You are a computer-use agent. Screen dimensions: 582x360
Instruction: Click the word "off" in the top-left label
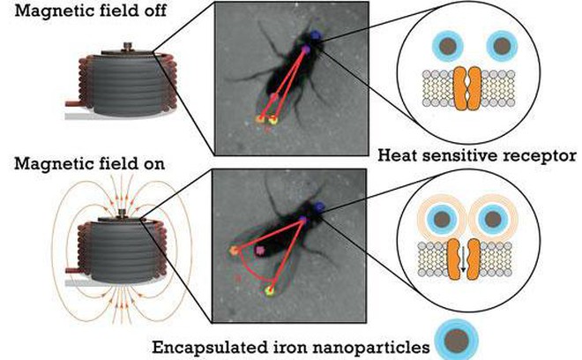click(153, 11)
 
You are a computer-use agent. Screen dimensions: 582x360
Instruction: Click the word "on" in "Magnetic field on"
click(153, 165)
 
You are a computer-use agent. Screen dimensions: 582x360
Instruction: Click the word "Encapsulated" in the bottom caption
click(210, 349)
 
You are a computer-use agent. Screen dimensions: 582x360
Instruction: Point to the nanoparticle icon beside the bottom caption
click(457, 340)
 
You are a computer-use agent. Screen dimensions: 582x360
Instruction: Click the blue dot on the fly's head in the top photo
click(316, 35)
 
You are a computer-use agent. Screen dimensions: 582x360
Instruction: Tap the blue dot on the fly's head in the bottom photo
click(319, 207)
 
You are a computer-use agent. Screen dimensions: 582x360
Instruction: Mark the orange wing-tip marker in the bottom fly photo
click(234, 251)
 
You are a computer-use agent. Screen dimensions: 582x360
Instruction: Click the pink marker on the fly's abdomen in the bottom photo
click(259, 251)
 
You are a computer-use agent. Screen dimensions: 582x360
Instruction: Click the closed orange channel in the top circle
click(467, 88)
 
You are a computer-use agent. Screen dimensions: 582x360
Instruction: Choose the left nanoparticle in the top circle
click(448, 46)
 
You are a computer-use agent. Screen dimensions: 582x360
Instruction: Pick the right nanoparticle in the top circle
click(502, 46)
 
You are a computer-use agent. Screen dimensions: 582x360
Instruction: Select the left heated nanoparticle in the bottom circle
click(442, 219)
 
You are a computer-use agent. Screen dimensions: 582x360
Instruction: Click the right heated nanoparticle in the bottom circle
click(493, 219)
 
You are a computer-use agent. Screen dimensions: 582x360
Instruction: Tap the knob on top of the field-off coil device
click(127, 46)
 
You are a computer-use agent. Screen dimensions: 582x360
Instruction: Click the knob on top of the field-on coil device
click(123, 214)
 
